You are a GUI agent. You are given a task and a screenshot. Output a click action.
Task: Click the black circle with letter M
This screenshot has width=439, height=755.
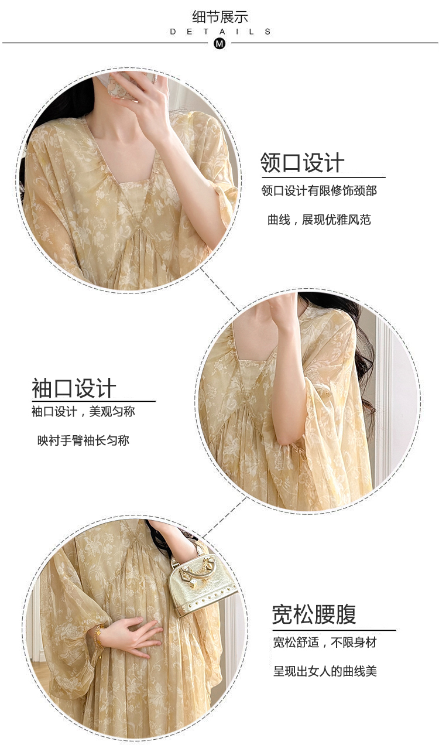[x=220, y=43]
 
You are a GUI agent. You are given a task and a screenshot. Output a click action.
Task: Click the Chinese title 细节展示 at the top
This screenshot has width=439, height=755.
[x=220, y=17]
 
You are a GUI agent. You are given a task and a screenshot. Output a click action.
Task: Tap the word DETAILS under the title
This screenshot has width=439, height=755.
[x=220, y=32]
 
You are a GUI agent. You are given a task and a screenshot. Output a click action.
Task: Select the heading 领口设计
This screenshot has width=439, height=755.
[x=302, y=163]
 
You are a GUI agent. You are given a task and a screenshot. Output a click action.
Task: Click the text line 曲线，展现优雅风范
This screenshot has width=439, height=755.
[x=319, y=220]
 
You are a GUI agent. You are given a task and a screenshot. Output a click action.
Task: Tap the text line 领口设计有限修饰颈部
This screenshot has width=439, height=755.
[x=319, y=191]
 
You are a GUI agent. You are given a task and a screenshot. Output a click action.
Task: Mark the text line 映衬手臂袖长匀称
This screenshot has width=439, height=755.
[x=83, y=440]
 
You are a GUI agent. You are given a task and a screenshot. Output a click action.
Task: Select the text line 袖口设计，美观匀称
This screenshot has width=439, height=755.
[x=83, y=412]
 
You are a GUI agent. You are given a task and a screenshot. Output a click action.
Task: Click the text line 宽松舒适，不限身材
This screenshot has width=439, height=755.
[x=324, y=643]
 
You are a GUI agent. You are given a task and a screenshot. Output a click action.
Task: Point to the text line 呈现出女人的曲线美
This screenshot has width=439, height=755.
[x=325, y=671]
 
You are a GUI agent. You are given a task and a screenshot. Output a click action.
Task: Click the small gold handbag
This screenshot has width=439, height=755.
[x=201, y=575]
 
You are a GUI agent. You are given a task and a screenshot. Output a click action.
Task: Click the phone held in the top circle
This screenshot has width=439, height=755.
[x=124, y=84]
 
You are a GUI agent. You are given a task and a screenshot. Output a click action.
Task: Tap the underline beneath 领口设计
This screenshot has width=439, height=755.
[x=324, y=177]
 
